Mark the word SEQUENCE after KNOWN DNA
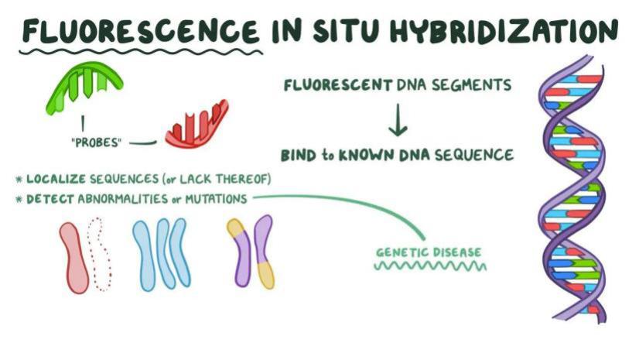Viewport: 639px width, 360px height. pyautogui.click(x=477, y=155)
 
